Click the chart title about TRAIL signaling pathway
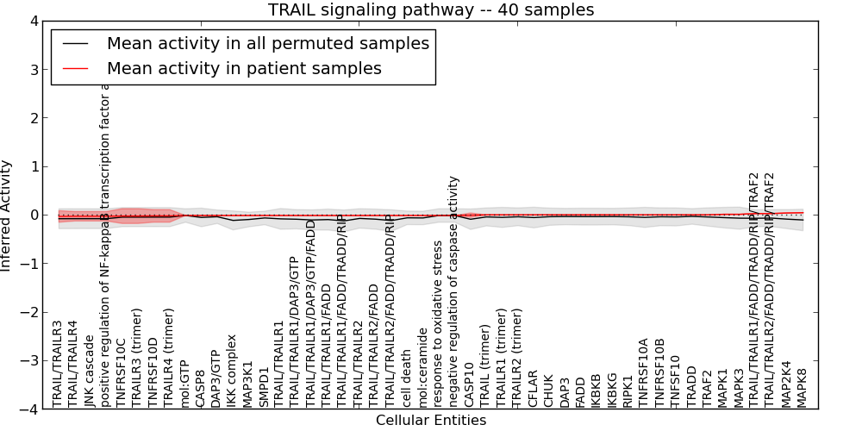[430, 9]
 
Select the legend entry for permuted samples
[267, 43]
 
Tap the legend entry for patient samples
[244, 67]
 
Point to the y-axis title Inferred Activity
[7, 215]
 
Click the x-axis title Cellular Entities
[430, 421]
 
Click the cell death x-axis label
[407, 378]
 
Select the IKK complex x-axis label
[231, 372]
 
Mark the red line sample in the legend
[76, 67]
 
